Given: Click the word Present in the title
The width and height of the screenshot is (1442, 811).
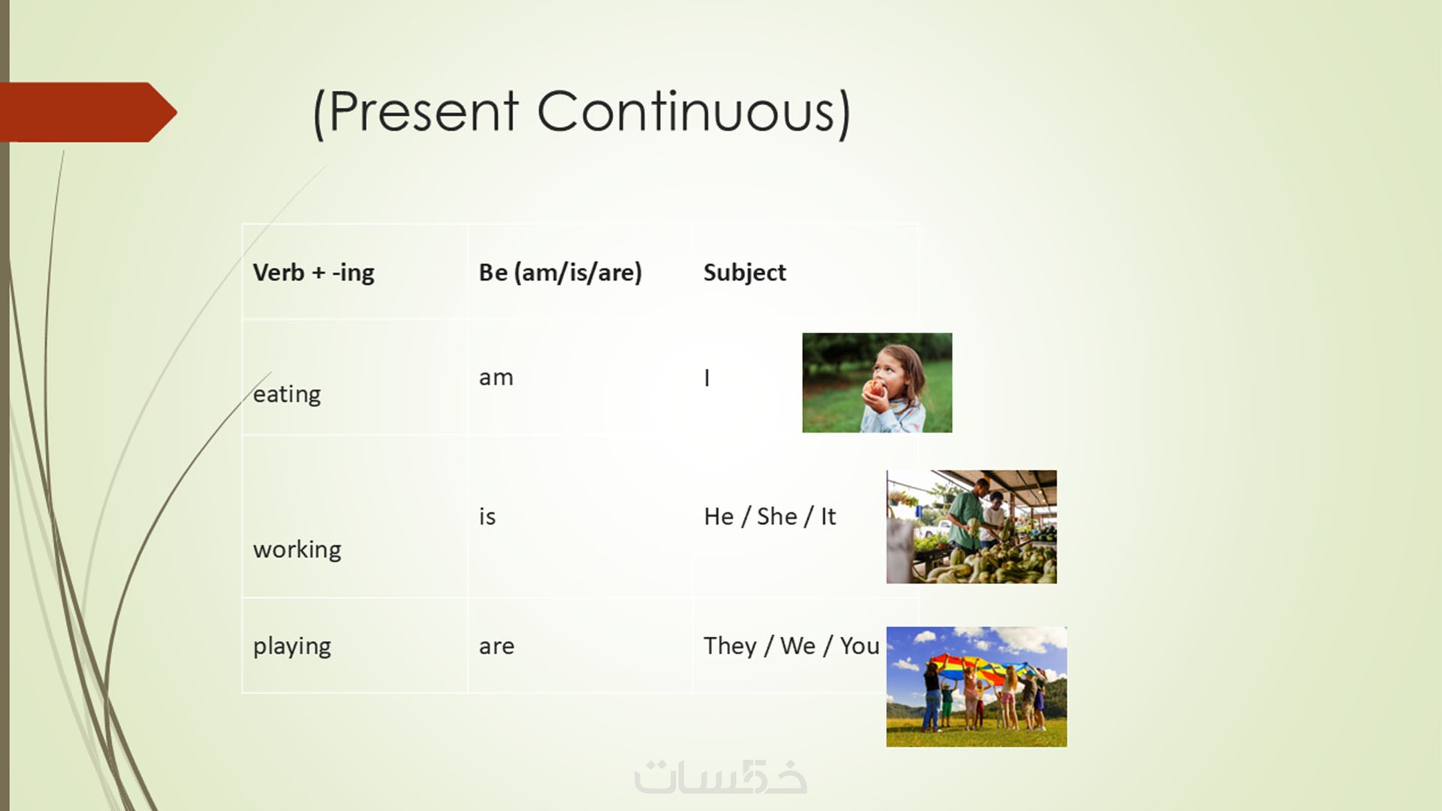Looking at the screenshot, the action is pyautogui.click(x=424, y=112).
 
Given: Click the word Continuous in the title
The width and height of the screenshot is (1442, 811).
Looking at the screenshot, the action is pyautogui.click(x=686, y=112).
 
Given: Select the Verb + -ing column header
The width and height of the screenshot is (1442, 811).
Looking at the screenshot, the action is pyautogui.click(x=313, y=273).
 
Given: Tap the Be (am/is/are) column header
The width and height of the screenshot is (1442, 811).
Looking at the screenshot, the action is pyautogui.click(x=560, y=273).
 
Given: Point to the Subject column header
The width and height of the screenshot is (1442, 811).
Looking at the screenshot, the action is pyautogui.click(x=744, y=273).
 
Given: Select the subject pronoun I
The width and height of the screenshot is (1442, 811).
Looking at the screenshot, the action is pyautogui.click(x=707, y=378).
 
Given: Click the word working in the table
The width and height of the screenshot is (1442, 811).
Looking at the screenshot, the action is pyautogui.click(x=297, y=550).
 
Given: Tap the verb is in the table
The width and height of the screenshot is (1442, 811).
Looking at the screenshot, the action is pyautogui.click(x=487, y=517).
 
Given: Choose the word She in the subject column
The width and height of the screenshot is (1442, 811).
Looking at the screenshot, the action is pyautogui.click(x=777, y=517).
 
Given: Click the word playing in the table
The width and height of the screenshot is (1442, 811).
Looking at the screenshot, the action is pyautogui.click(x=291, y=647).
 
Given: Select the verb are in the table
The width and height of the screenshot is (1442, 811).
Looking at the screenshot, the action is pyautogui.click(x=496, y=647).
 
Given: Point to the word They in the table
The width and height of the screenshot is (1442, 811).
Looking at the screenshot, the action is pyautogui.click(x=730, y=646).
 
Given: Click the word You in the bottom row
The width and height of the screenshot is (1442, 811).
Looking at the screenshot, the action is pyautogui.click(x=859, y=646).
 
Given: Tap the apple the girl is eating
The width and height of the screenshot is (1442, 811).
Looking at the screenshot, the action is pyautogui.click(x=873, y=389).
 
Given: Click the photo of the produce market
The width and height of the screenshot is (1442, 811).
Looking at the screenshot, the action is pyautogui.click(x=971, y=527).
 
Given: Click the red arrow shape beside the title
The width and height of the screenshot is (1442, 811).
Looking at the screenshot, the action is pyautogui.click(x=89, y=113).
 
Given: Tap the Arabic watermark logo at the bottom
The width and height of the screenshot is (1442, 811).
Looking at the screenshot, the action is pyautogui.click(x=720, y=777).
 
